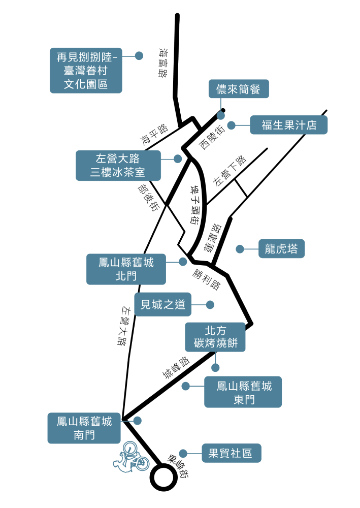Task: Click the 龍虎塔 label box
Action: [x=281, y=249]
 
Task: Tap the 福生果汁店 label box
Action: [x=288, y=125]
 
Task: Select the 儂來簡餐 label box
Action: [x=238, y=89]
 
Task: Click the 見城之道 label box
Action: [x=163, y=305]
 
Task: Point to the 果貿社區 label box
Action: [x=231, y=453]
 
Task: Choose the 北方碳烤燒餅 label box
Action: [x=215, y=337]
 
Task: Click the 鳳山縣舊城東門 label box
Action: [x=243, y=392]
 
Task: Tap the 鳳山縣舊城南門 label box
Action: [x=84, y=428]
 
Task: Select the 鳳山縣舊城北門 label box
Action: [x=126, y=269]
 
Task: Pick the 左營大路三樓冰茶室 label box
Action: [x=118, y=165]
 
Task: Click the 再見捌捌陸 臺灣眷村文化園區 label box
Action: [x=86, y=71]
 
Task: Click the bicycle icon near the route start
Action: [x=131, y=457]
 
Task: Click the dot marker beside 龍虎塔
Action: [x=240, y=249]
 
